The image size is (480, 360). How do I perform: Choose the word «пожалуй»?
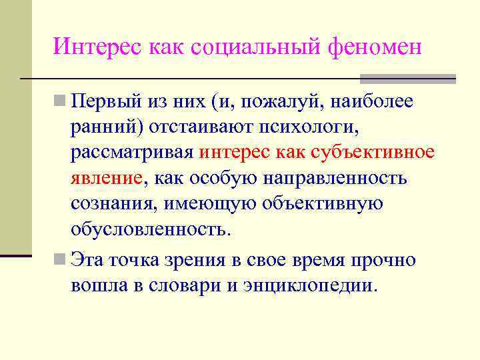point(267,103)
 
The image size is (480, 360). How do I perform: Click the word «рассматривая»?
point(133,153)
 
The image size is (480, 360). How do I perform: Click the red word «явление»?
point(107,179)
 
